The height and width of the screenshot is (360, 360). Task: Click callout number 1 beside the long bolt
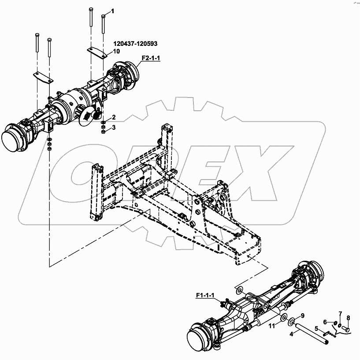(112, 11)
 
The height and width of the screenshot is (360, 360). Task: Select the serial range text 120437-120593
(135, 44)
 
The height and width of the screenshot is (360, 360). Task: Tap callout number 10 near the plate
(117, 51)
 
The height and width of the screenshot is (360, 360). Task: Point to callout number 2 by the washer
(113, 117)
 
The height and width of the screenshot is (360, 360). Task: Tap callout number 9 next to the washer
(303, 315)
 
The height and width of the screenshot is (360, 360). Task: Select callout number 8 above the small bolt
(348, 318)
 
